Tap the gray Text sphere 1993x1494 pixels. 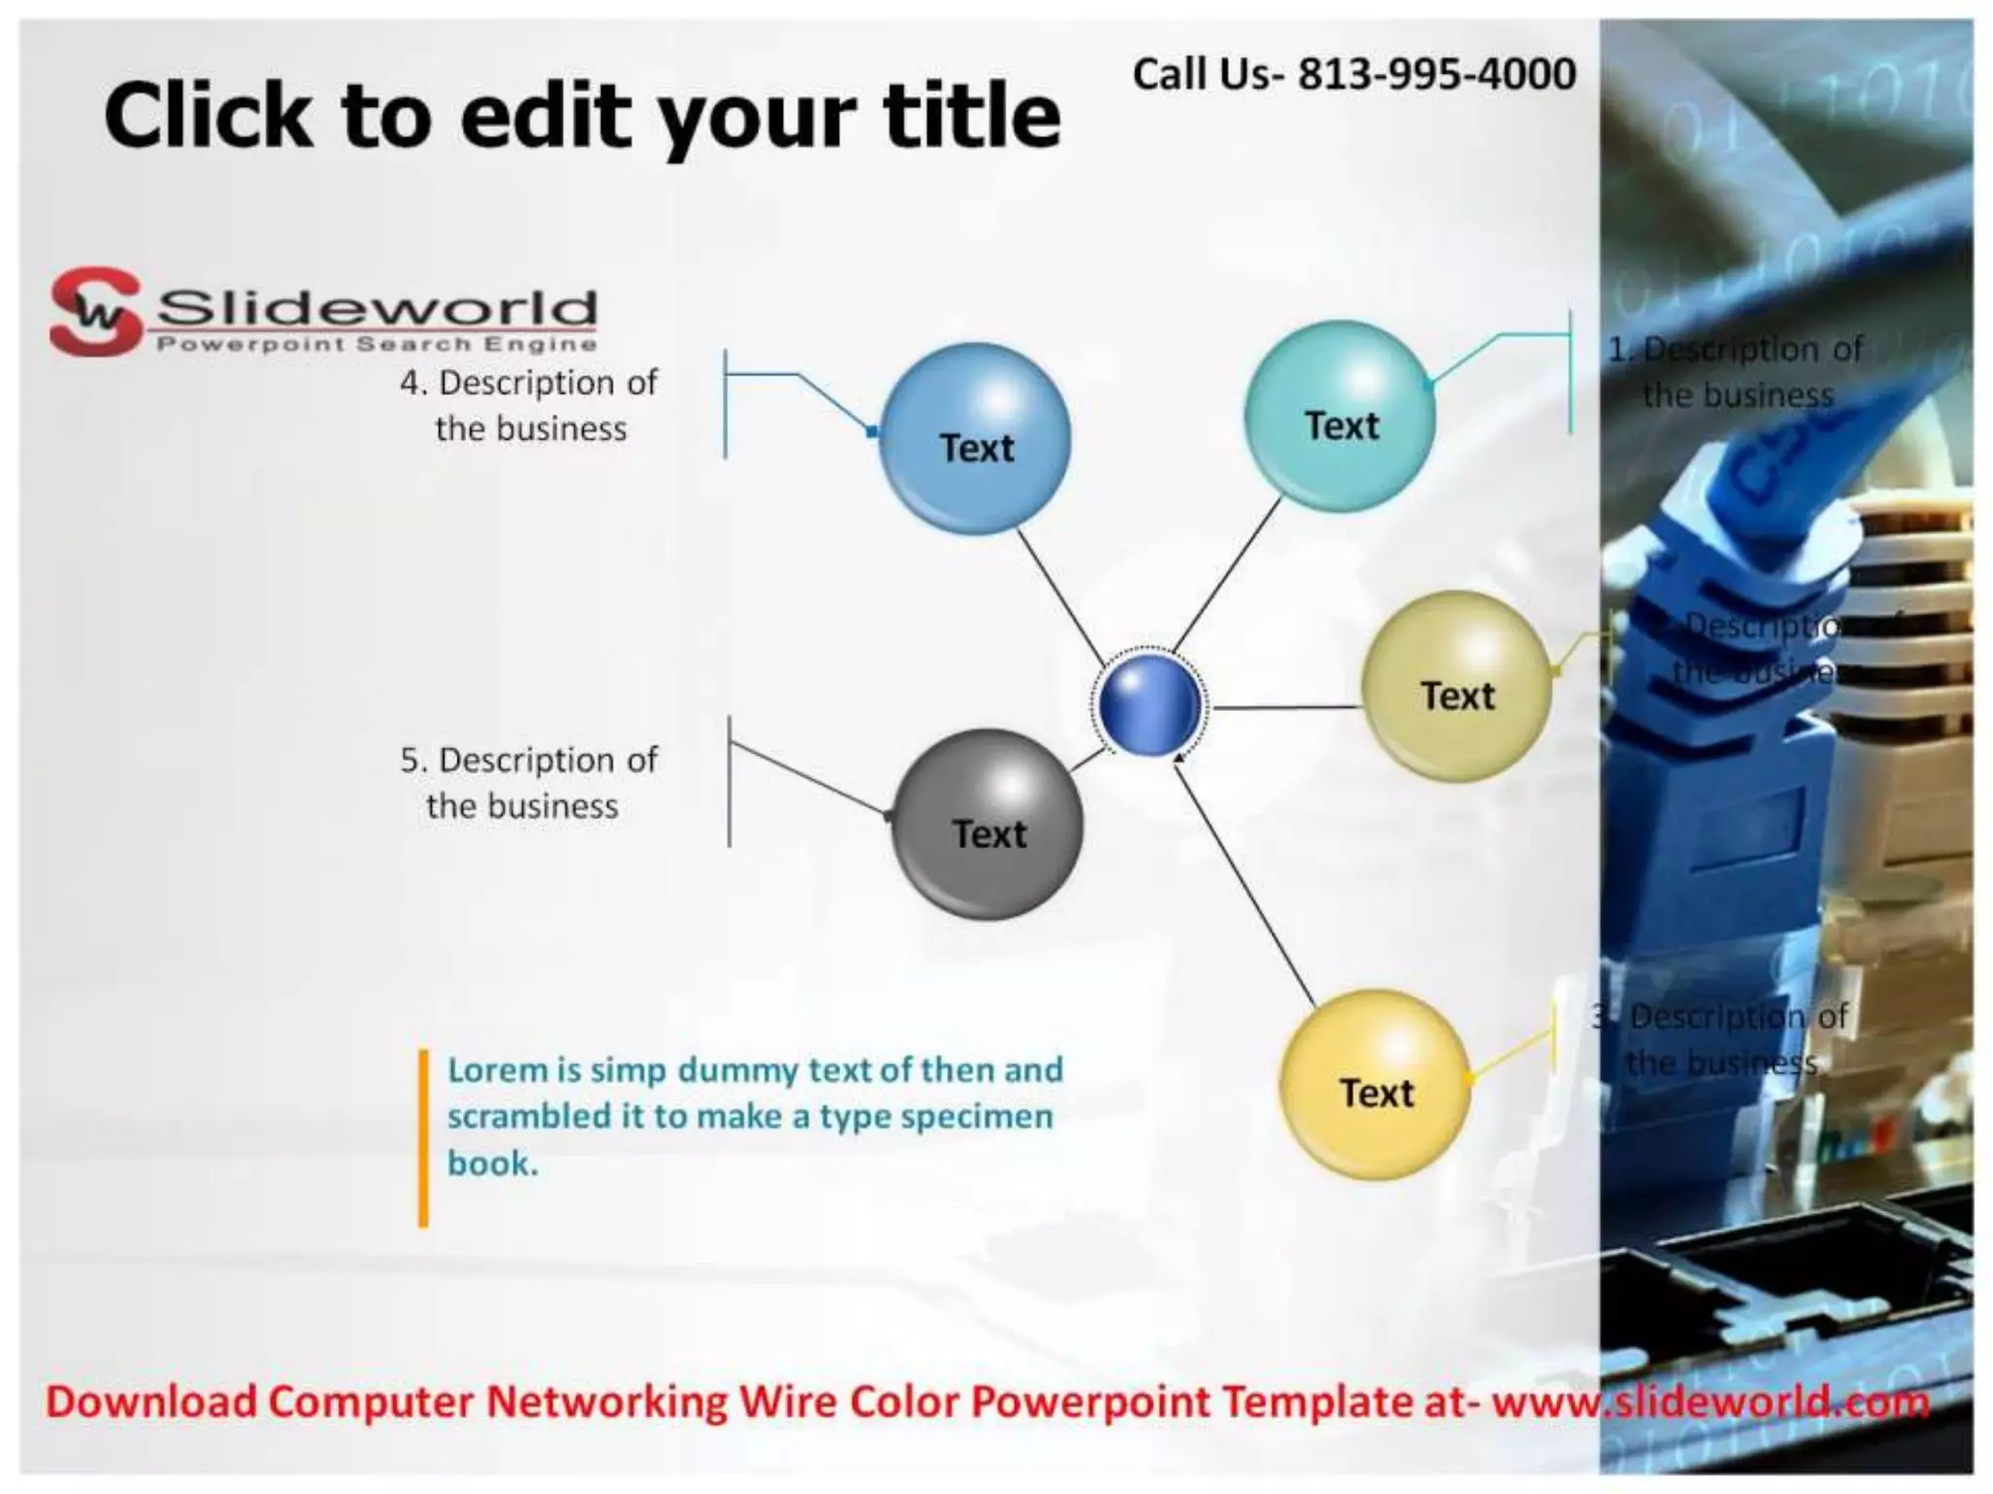point(987,824)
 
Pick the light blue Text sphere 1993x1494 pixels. point(975,439)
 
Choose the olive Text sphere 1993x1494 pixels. point(1456,687)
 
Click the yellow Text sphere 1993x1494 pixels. point(1374,1085)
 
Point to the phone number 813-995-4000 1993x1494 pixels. point(1436,74)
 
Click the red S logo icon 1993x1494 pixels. point(94,311)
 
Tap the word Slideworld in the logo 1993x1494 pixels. point(377,308)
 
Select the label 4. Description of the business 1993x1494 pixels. point(529,405)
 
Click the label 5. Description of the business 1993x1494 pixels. point(528,782)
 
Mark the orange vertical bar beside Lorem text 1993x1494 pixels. point(423,1138)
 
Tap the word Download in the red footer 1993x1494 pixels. point(152,1402)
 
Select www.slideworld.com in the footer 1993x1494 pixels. point(1710,1402)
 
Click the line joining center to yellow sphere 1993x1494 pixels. point(1246,885)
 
